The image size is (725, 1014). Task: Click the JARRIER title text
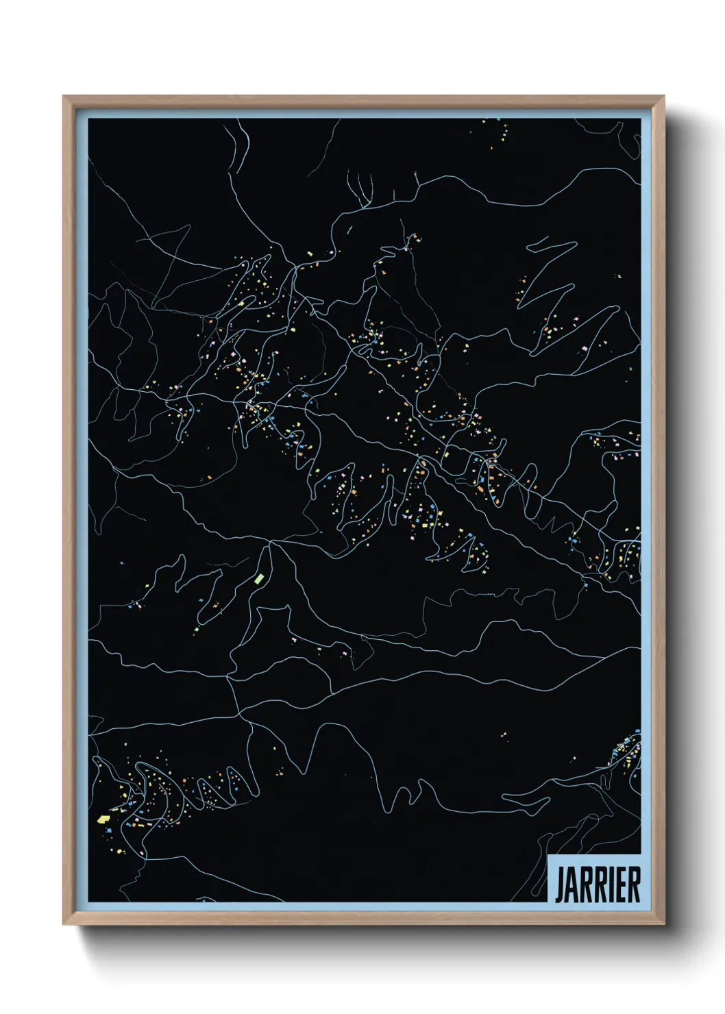point(597,885)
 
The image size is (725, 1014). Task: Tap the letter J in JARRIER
point(558,885)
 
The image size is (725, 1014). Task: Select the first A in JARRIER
point(571,885)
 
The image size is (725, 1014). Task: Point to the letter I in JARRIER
point(611,885)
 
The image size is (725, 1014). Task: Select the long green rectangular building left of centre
point(260,578)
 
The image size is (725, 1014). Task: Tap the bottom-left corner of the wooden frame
point(64,924)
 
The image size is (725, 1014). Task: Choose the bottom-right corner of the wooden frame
point(664,924)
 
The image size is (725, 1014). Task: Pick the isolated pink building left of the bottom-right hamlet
point(574,758)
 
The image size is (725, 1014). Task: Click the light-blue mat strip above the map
point(363,112)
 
